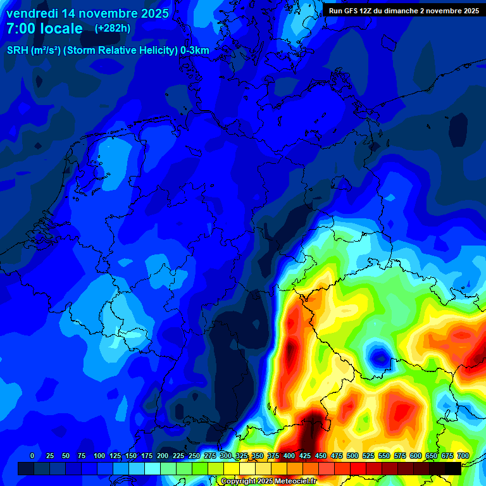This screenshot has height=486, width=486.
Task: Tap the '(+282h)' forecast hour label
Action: tap(113, 28)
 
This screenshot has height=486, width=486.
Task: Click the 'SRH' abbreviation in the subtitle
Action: tap(18, 50)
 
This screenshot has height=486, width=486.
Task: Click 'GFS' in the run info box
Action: tap(355, 11)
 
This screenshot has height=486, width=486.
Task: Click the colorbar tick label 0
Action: tap(32, 456)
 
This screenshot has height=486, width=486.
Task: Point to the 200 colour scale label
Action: tap(163, 456)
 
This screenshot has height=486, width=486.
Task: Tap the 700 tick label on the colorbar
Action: tap(463, 456)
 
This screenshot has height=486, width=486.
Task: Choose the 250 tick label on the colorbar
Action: tap(194, 456)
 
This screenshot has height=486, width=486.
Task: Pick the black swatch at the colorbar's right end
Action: tap(453, 468)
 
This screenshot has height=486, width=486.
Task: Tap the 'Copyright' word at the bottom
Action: tap(238, 482)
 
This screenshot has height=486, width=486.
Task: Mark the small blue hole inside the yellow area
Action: tap(380, 357)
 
